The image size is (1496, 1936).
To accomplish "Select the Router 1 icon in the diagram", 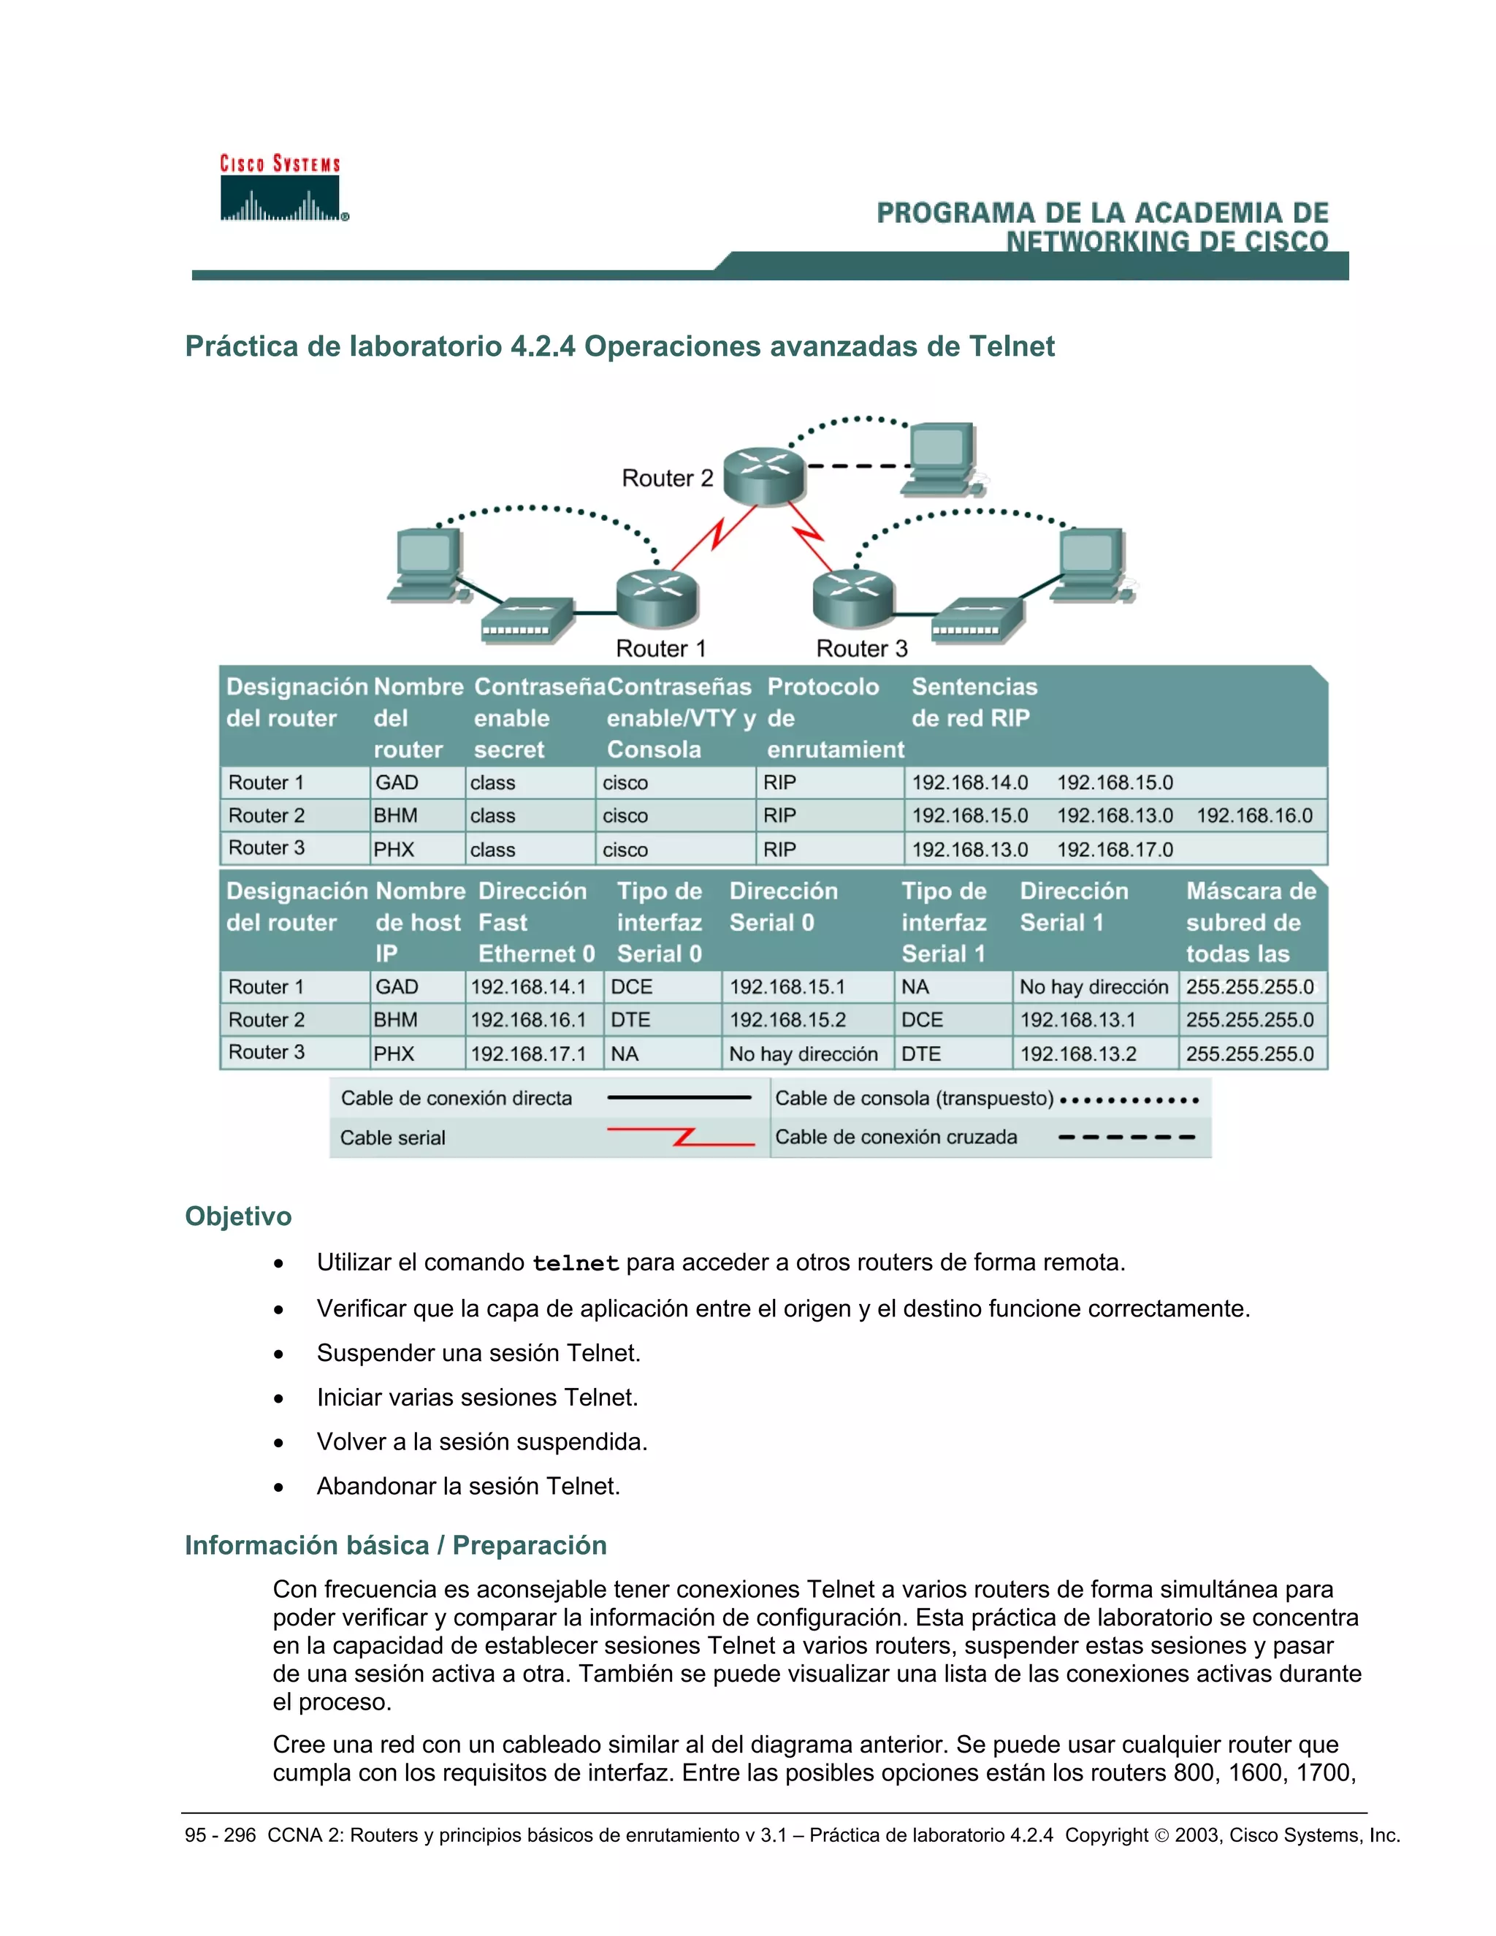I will pyautogui.click(x=657, y=598).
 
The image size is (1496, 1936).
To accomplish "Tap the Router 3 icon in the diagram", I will pyautogui.click(x=852, y=598).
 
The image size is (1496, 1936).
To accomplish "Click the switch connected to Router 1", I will pyautogui.click(x=527, y=620).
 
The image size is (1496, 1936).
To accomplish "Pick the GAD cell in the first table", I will pyautogui.click(x=397, y=782).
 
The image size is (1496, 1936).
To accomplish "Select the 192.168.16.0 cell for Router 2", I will pyautogui.click(x=1254, y=815).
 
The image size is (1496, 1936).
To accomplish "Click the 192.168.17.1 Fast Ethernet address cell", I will pyautogui.click(x=528, y=1054).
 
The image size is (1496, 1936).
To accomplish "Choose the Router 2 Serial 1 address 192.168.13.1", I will pyautogui.click(x=1077, y=1021).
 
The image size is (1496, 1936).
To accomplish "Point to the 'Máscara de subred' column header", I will pyautogui.click(x=1250, y=922).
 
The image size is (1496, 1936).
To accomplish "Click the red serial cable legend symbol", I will pyautogui.click(x=681, y=1137).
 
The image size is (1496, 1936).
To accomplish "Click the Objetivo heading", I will pyautogui.click(x=237, y=1216).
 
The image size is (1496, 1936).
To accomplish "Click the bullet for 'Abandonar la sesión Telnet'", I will pyautogui.click(x=279, y=1487).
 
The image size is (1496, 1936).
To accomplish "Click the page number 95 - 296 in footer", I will pyautogui.click(x=220, y=1835).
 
